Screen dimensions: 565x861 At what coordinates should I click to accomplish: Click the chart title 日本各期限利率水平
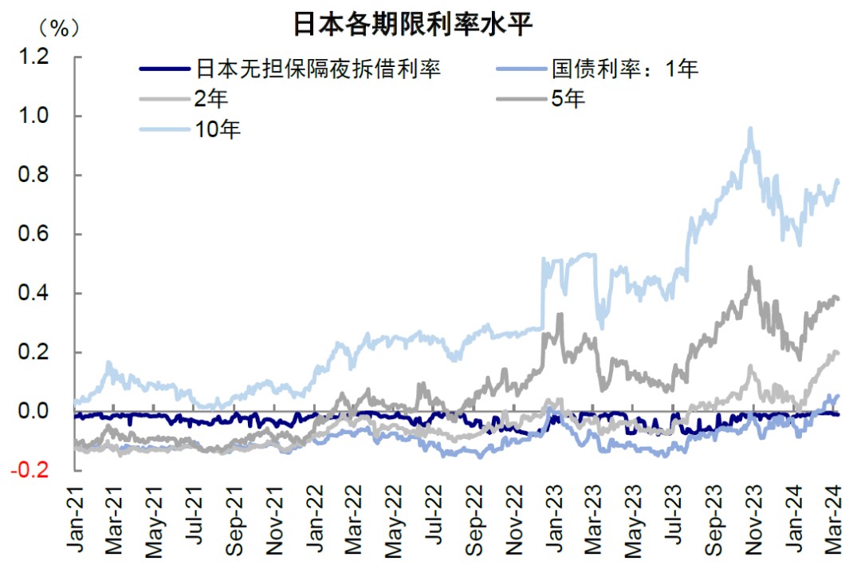412,24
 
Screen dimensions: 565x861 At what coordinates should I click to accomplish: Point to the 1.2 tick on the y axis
34,57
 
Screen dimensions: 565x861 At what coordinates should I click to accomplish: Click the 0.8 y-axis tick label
34,176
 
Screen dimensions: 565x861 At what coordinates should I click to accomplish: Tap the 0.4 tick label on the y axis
34,294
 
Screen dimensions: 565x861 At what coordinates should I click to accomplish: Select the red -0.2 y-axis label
32,471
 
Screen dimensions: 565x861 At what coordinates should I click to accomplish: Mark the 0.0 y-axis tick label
34,412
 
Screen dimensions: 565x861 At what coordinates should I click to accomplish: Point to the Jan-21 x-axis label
75,523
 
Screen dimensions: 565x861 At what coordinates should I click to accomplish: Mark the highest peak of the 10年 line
750,128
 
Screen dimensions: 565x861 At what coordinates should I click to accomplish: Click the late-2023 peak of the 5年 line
751,267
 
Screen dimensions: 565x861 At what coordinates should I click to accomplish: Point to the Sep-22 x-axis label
473,523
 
